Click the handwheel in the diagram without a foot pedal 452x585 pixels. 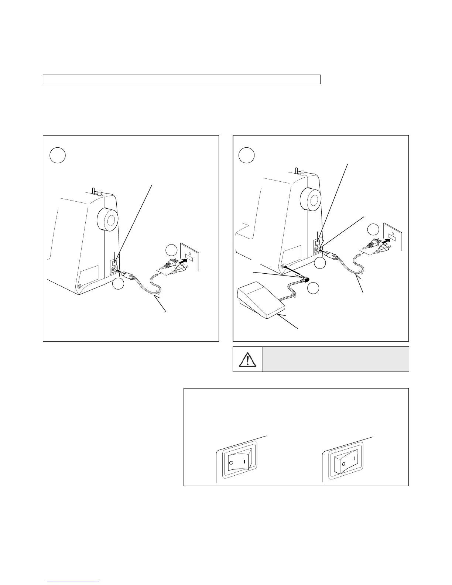pos(107,221)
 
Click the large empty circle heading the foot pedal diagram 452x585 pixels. pos(246,155)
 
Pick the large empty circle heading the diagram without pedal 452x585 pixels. pos(58,155)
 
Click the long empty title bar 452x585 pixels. pos(181,79)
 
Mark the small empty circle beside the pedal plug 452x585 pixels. pos(313,288)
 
